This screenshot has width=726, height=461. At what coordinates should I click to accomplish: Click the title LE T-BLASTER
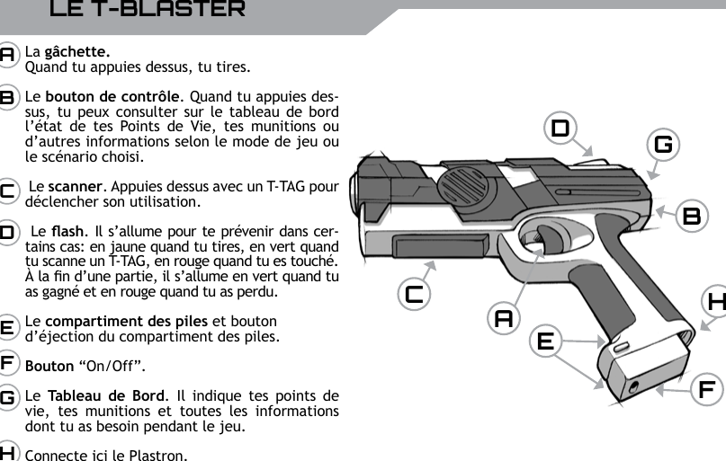click(147, 11)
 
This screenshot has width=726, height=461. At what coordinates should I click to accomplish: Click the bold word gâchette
click(77, 51)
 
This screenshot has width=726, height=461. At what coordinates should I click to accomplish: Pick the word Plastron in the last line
click(159, 454)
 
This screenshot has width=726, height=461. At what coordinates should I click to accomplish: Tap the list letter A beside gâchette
click(7, 54)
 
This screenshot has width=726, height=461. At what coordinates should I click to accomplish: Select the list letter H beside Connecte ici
click(7, 452)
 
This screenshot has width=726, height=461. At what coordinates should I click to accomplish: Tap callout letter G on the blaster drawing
click(665, 144)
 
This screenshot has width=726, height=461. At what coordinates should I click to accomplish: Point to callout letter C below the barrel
click(415, 294)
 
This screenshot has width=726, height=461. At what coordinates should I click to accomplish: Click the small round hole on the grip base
click(636, 386)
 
